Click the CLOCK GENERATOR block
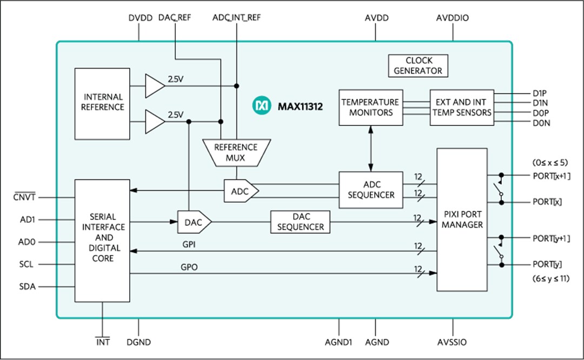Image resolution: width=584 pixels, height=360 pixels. (x=417, y=65)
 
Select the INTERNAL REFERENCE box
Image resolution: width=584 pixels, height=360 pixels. (x=102, y=102)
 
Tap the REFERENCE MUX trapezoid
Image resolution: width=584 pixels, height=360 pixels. (x=236, y=152)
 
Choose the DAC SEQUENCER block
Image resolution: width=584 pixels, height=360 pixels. (x=300, y=222)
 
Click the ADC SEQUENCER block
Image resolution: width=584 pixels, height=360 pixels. (x=370, y=190)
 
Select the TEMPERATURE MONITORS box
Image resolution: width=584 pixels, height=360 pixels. (x=370, y=107)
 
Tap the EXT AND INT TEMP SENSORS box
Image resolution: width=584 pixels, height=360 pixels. (x=461, y=107)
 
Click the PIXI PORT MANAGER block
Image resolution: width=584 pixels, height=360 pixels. (x=462, y=219)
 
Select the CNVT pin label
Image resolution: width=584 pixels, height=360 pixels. (x=24, y=198)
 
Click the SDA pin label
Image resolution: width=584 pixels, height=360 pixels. (x=27, y=287)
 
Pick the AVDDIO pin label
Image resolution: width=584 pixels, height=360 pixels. (x=452, y=18)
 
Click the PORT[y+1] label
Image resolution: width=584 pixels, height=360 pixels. (x=552, y=238)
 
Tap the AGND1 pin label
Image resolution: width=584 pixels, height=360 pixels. (x=339, y=342)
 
